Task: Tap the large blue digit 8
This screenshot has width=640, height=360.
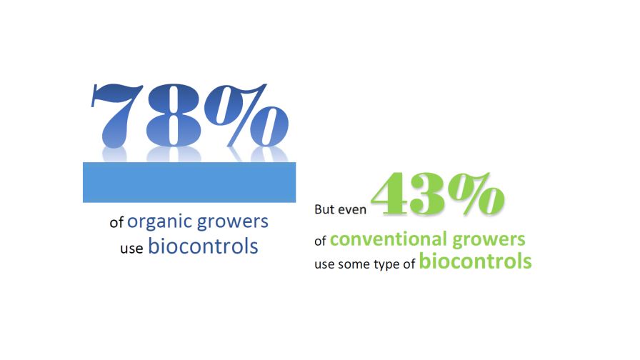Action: [x=174, y=115]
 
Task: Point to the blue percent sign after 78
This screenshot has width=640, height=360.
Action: [x=246, y=115]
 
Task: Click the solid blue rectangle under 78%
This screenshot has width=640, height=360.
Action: [x=189, y=182]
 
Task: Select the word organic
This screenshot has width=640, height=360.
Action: [x=159, y=222]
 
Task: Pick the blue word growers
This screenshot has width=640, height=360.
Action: [x=233, y=222]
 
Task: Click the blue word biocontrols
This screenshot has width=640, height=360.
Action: [x=203, y=246]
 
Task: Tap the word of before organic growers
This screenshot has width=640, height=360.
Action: [x=116, y=223]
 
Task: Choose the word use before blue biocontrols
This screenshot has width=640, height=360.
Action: [x=131, y=248]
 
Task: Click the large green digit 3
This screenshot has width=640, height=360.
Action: [x=428, y=194]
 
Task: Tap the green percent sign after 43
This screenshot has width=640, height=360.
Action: [x=476, y=193]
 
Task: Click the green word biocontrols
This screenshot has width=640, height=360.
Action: [x=475, y=261]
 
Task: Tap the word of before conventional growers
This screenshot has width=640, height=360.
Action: [x=321, y=241]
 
